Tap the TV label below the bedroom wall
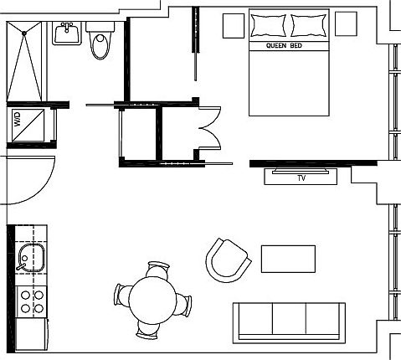click(301, 177)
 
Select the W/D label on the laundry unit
click(17, 120)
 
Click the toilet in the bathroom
click(100, 42)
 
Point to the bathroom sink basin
click(66, 33)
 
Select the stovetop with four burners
click(31, 301)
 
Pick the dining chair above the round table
click(157, 270)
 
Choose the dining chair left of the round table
click(122, 296)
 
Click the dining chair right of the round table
click(187, 305)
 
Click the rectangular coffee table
click(288, 259)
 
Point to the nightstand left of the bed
click(233, 25)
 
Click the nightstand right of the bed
click(346, 23)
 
